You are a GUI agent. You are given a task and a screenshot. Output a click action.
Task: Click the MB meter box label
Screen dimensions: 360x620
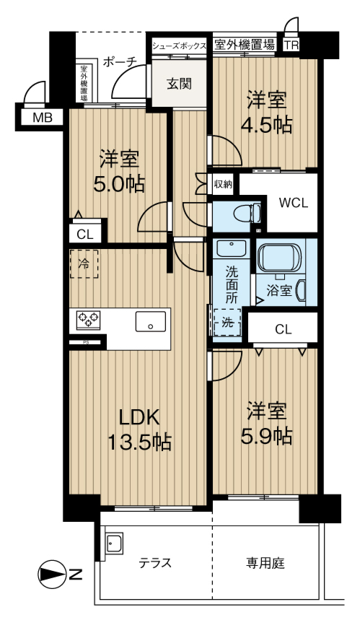coord(43,118)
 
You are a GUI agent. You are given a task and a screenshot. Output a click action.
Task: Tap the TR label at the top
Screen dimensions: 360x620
coord(291,45)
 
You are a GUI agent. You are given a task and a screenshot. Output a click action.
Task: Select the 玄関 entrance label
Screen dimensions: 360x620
coord(179,84)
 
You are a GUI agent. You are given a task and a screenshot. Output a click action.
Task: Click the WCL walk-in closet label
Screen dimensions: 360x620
coord(293,203)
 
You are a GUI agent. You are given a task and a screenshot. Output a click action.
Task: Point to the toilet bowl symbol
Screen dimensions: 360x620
coord(247,214)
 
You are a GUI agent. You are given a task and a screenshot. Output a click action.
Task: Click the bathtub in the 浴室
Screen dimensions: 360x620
coord(279,258)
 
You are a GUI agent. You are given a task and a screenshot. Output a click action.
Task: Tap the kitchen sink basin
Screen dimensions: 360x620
coord(151,321)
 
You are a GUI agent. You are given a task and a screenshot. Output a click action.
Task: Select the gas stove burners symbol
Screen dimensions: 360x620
coord(88,319)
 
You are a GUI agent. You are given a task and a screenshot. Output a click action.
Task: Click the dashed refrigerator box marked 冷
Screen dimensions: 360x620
coord(84,263)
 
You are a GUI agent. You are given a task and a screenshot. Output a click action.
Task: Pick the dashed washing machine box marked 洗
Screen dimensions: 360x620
coord(227,323)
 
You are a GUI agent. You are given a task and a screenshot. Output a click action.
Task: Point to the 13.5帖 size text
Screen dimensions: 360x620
coord(139,442)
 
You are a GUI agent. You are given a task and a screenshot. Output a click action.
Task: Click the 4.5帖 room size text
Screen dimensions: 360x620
coord(267,125)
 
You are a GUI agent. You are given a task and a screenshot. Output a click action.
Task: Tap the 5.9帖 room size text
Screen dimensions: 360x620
coord(267,436)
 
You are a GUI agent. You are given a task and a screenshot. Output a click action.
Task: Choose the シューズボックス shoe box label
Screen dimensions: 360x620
coord(180,45)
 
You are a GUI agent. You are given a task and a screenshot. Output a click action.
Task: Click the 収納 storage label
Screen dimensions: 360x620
coord(223,184)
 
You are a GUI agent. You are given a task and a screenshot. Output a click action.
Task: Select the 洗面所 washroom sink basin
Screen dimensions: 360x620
coord(231,248)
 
